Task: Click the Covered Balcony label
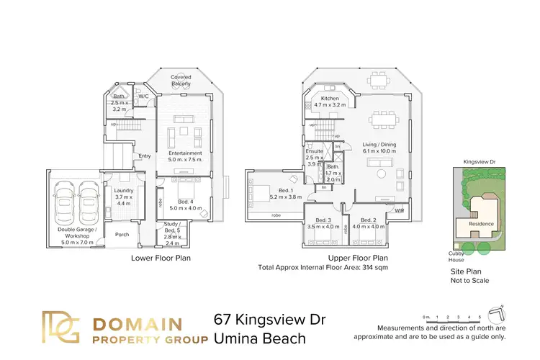click(181, 80)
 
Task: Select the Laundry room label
click(124, 191)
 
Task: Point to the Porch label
click(122, 233)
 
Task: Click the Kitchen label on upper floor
click(330, 99)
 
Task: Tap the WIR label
click(400, 210)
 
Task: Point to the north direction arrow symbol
click(496, 315)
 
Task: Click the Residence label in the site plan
click(482, 223)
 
